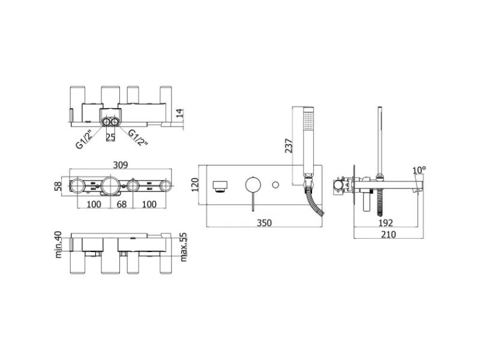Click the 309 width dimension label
[x=121, y=164]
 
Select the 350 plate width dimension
[x=264, y=223]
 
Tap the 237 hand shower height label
[x=289, y=145]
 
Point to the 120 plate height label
[x=195, y=185]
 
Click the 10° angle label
[x=419, y=170]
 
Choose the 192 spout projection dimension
[x=385, y=223]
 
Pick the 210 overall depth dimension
[x=388, y=234]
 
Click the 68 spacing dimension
[x=122, y=204]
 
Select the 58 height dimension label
[x=58, y=186]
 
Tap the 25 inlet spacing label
[x=110, y=137]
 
